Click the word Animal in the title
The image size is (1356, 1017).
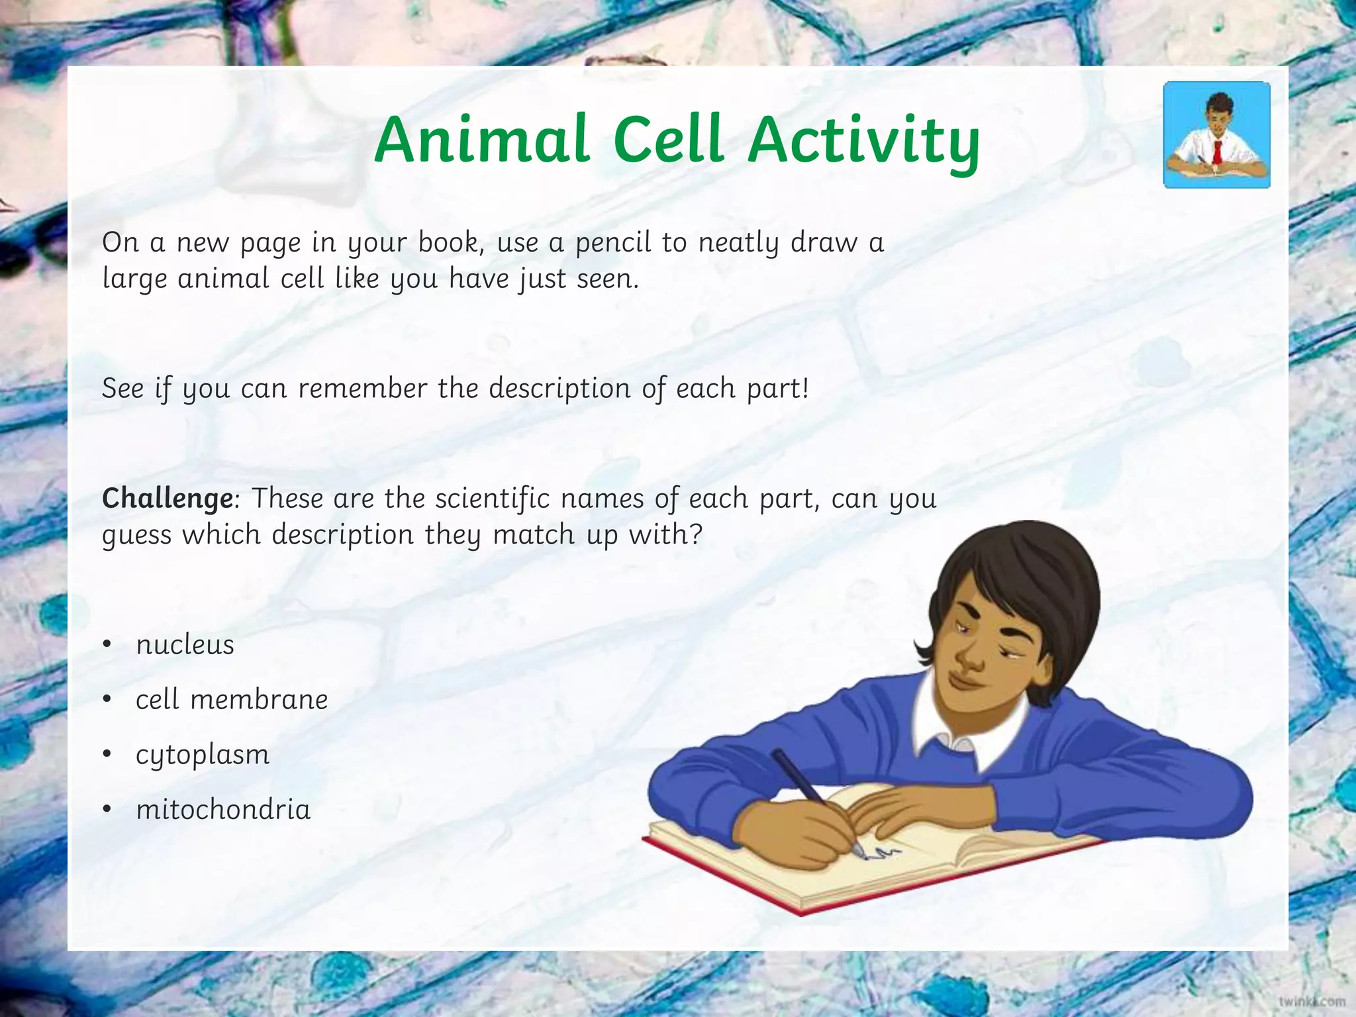click(481, 140)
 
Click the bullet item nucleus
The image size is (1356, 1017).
click(185, 645)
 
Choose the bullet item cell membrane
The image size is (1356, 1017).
click(232, 700)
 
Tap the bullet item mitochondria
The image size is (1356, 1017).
click(223, 810)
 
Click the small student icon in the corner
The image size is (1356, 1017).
click(1217, 135)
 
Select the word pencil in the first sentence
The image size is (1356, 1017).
click(613, 244)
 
